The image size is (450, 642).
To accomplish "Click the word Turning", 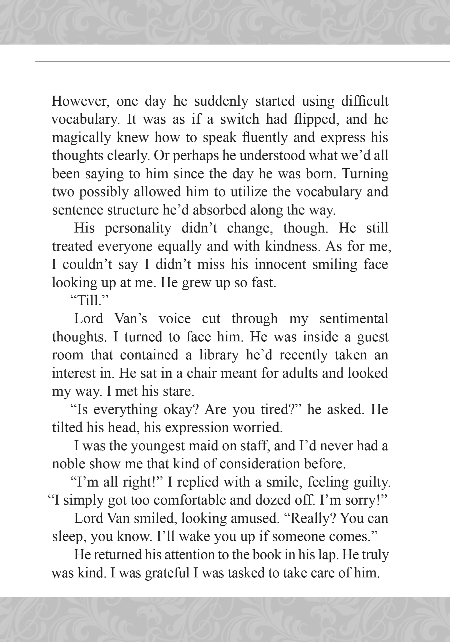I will click(365, 174).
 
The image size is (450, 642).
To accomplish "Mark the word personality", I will click(138, 228).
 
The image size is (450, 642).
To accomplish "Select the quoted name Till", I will click(88, 301).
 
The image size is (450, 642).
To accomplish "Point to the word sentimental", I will click(354, 319).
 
